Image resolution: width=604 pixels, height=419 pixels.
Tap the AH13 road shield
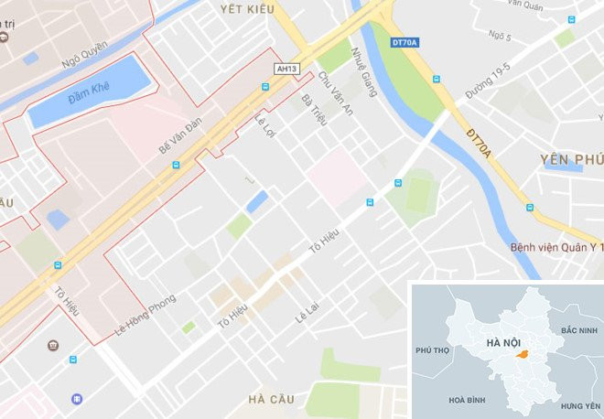tap(286, 69)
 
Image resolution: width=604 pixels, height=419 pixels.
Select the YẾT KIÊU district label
tap(247, 8)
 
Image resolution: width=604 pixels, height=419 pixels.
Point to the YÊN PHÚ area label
tap(571, 159)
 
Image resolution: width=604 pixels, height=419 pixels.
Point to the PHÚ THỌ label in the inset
tap(436, 350)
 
